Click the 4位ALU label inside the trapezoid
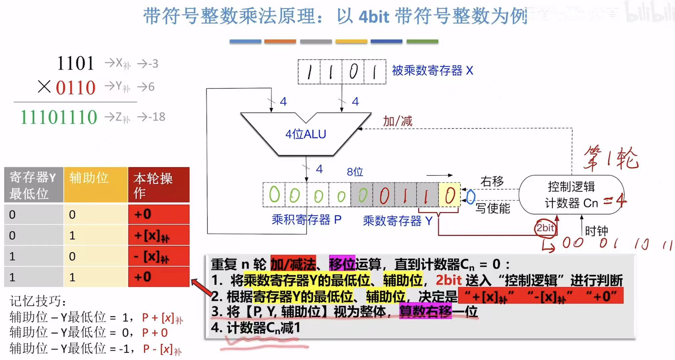[306, 134]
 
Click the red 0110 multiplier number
[75, 87]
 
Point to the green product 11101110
[59, 117]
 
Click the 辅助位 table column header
[89, 178]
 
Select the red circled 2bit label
[545, 228]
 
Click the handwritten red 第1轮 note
[611, 158]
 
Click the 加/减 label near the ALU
[397, 121]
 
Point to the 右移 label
[492, 181]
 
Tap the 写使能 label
[493, 208]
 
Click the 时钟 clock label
[596, 231]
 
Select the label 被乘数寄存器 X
[433, 71]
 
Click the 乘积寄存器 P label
[306, 220]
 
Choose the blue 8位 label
[355, 172]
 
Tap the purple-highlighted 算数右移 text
[425, 312]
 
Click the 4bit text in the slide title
[374, 17]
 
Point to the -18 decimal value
[157, 117]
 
